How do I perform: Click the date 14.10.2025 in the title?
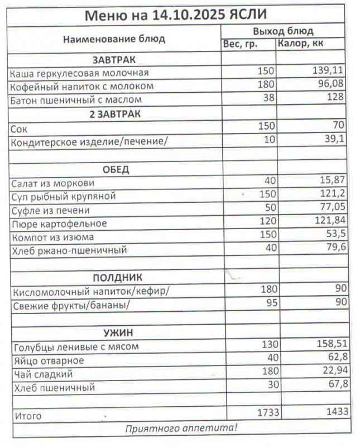point(188,14)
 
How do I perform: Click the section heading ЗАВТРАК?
point(114,59)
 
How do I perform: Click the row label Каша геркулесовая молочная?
point(80,73)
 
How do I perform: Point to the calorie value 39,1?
point(334,139)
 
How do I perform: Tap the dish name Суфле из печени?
point(50,211)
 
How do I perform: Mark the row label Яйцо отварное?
point(48,360)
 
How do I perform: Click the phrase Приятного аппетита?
point(181,429)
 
